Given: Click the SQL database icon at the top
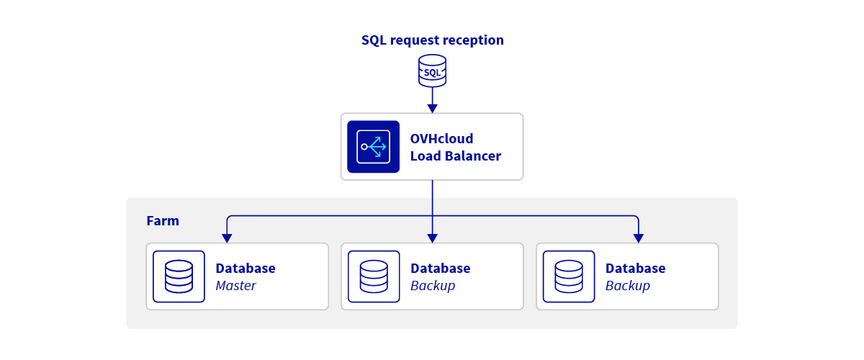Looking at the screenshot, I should click(x=432, y=72).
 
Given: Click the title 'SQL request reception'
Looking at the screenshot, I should click(x=432, y=40).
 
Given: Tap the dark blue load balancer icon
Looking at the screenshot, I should click(x=373, y=147).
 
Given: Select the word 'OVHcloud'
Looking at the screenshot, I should click(x=441, y=138).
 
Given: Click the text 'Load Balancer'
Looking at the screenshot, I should click(x=455, y=156).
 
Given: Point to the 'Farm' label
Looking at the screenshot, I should click(x=163, y=221).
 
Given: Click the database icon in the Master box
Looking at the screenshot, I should click(x=179, y=276).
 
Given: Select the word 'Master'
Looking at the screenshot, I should click(x=235, y=286).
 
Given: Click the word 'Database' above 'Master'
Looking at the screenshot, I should click(x=245, y=269).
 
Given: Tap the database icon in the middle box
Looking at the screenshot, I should click(x=374, y=276).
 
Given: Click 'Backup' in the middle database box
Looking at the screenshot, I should click(x=432, y=286).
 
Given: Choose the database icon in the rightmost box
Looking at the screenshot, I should click(x=569, y=276).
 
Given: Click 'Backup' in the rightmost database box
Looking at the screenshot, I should click(x=627, y=286).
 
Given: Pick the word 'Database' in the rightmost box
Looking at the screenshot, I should click(x=635, y=269).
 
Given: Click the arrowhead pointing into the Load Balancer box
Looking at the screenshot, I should click(x=432, y=108).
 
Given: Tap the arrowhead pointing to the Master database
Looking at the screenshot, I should click(x=227, y=238).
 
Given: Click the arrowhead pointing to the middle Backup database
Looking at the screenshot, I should click(x=432, y=238).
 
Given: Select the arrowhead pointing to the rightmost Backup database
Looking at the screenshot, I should click(x=638, y=238).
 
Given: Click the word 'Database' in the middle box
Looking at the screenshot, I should click(x=440, y=269).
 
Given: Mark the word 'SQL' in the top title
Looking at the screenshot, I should click(x=374, y=40).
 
